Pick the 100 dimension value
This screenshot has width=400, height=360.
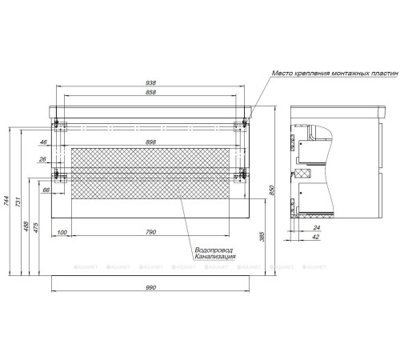61,233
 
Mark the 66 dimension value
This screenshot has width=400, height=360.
46,190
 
